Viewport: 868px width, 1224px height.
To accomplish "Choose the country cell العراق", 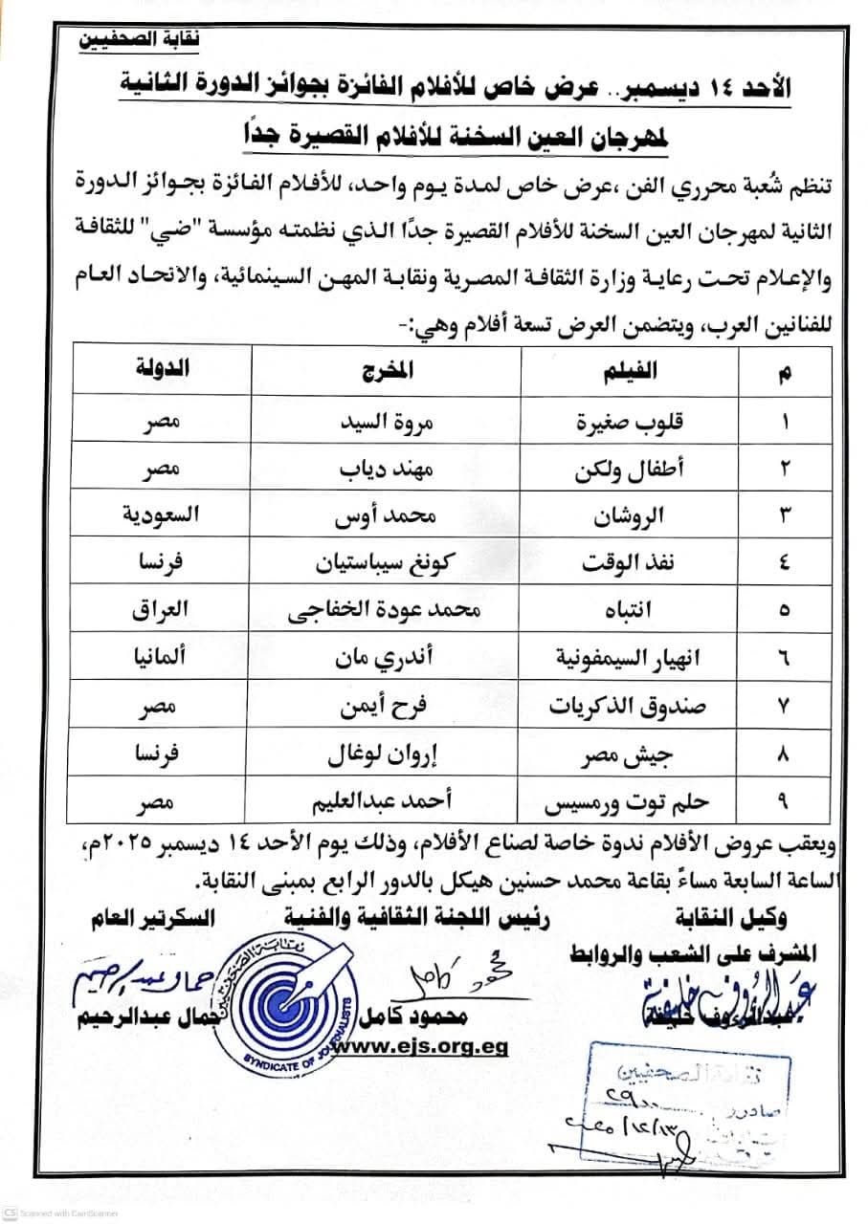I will tap(156, 610).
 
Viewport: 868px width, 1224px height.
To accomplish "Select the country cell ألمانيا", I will tap(156, 657).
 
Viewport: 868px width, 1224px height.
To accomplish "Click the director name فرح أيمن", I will tap(389, 705).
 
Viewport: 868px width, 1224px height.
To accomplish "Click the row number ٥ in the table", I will tap(785, 610).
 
